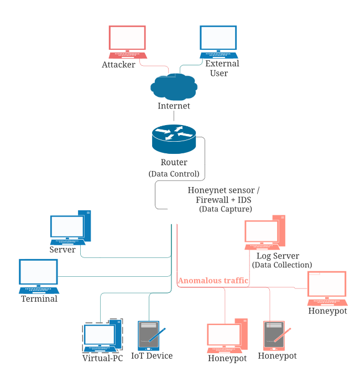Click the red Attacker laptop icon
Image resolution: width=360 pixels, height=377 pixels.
pos(128,42)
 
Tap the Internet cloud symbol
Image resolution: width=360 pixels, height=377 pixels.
pos(174,86)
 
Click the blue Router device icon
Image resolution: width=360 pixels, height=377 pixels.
pos(174,139)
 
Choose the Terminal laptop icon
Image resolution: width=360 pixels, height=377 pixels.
pos(39,276)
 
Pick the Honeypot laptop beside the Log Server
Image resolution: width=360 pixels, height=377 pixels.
pos(327,288)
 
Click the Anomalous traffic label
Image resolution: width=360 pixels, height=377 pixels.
pos(213,281)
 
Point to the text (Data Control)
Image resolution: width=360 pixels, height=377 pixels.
pos(174,174)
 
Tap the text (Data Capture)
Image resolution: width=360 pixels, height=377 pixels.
pos(226,209)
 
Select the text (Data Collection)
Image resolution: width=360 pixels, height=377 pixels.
pos(282,265)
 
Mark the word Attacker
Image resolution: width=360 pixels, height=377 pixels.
pos(118,65)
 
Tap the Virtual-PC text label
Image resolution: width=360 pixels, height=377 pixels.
pos(102,358)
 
